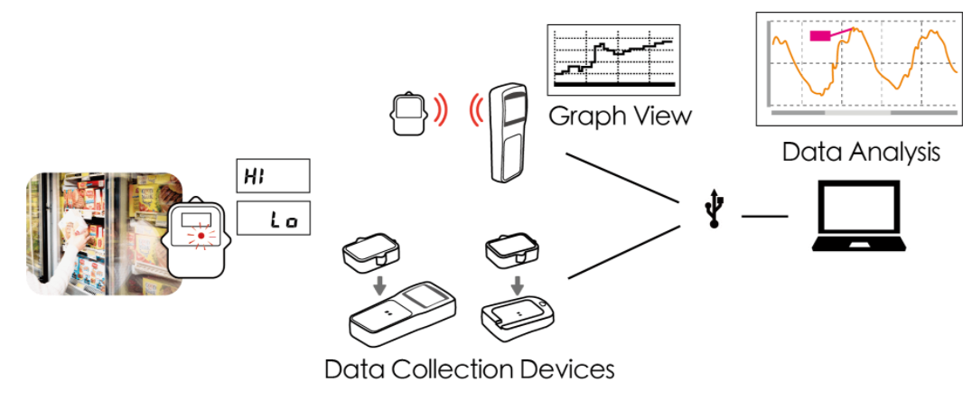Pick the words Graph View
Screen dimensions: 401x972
620,116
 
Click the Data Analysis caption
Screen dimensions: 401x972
861,152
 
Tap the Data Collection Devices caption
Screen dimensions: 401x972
470,368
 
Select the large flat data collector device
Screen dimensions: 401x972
402,322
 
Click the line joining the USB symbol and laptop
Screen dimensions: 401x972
764,217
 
